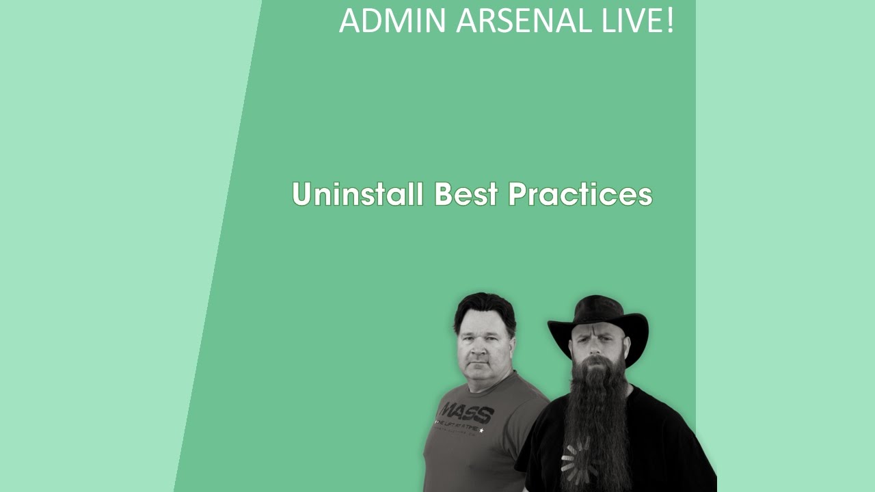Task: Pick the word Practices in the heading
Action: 580,194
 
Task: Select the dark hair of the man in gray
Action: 485,307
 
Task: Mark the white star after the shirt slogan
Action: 482,430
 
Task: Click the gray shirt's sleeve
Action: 530,403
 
